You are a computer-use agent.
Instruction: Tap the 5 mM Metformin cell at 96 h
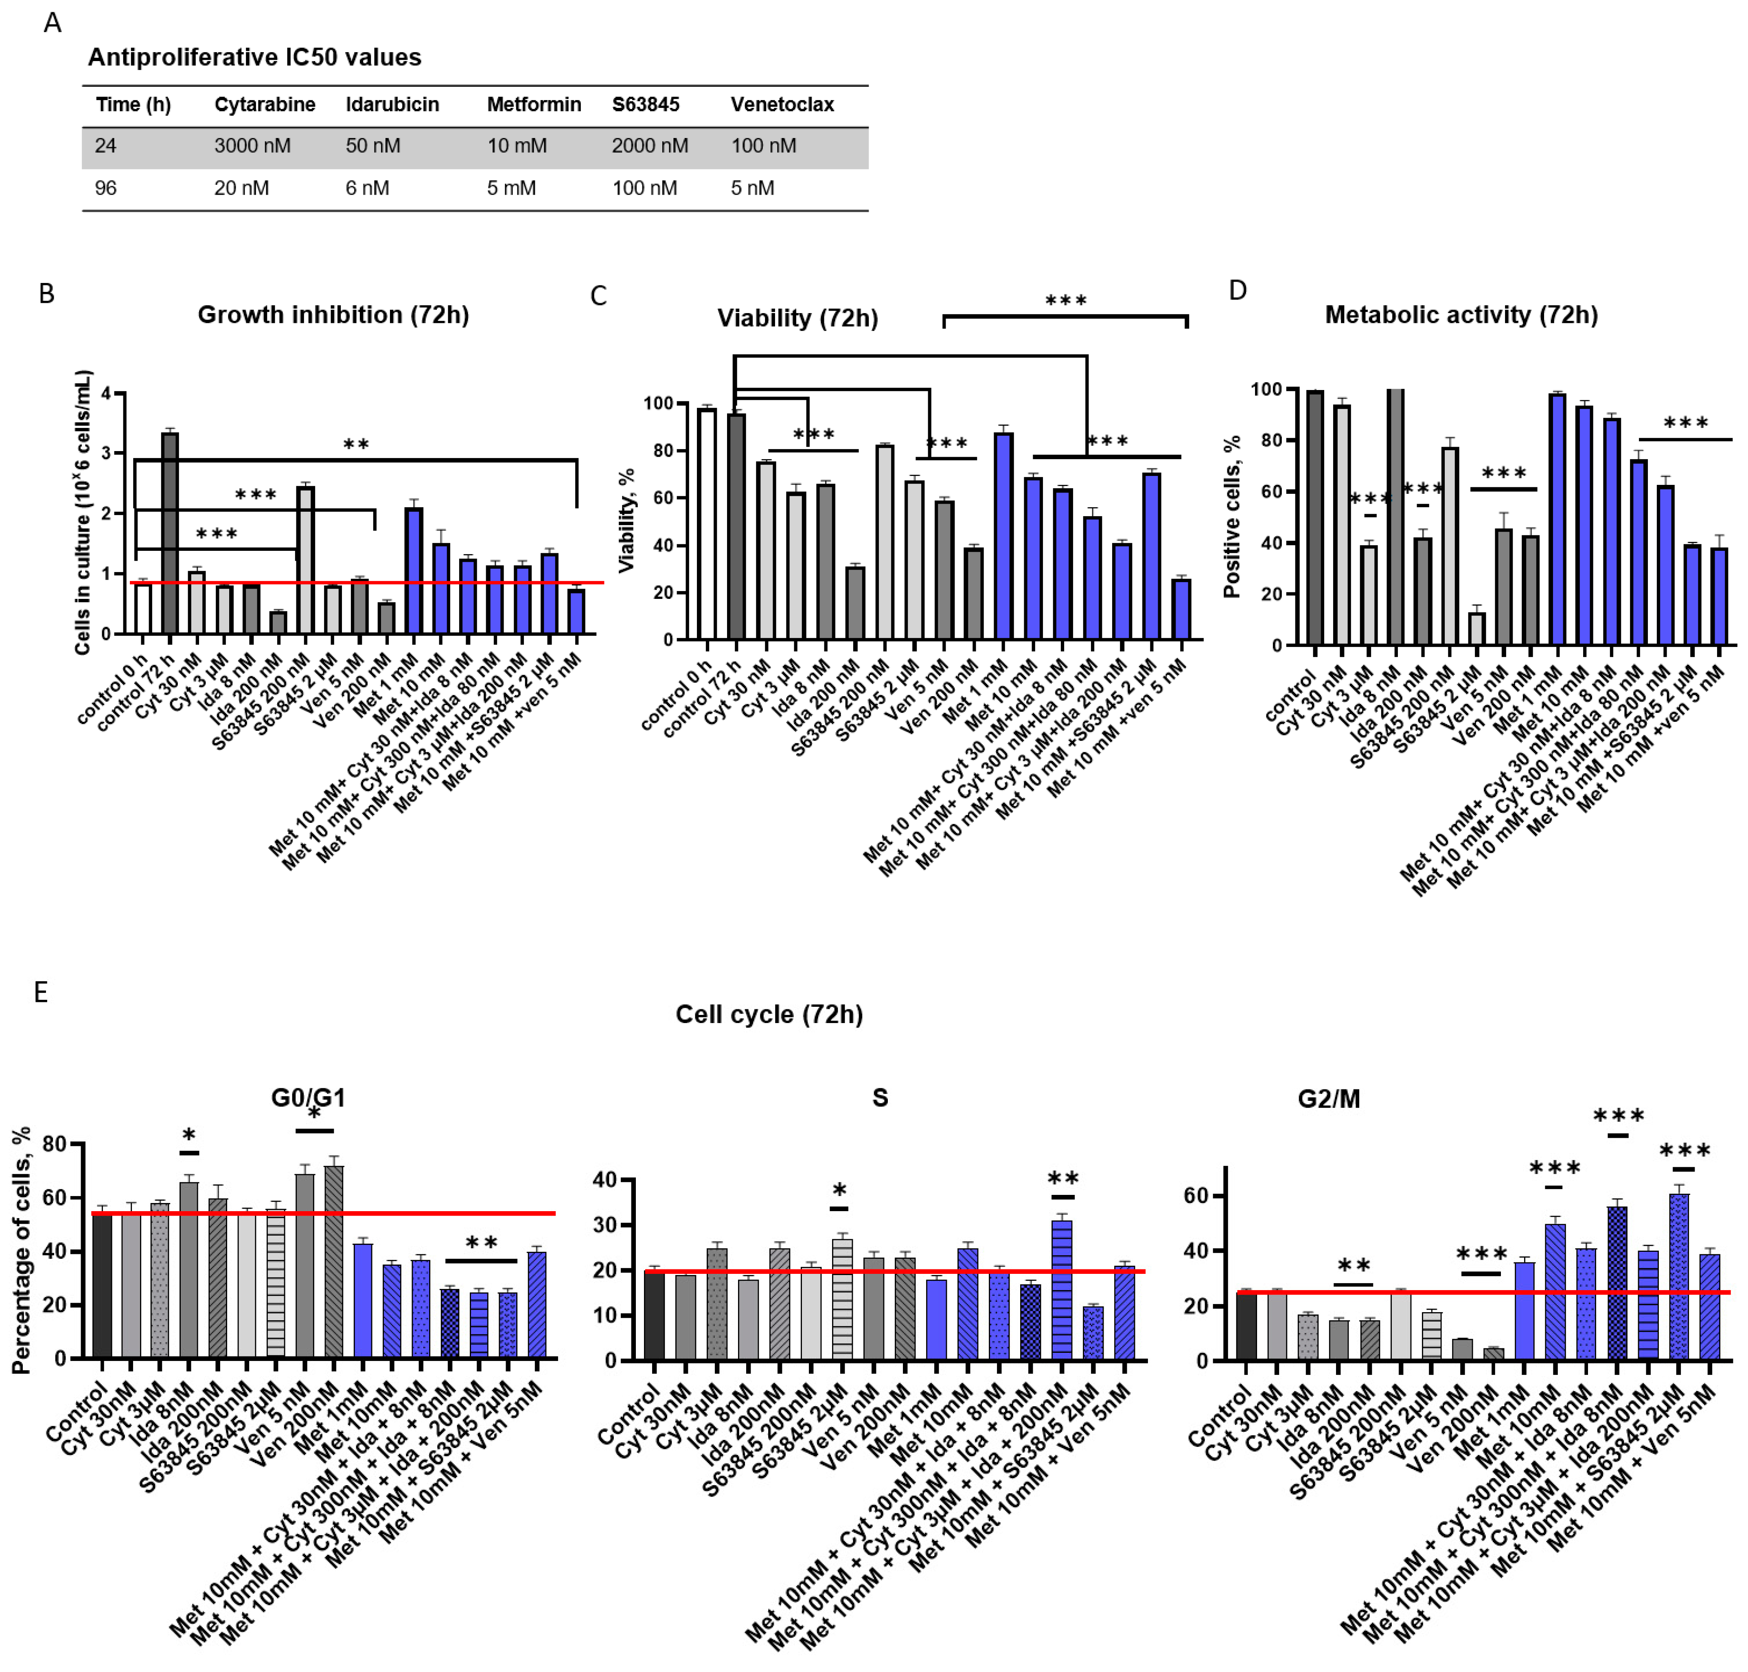pyautogui.click(x=511, y=188)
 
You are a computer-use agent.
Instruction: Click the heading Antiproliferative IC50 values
pyautogui.click(x=254, y=57)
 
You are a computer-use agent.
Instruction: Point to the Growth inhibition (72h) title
pyautogui.click(x=333, y=315)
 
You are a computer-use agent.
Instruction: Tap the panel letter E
pyautogui.click(x=41, y=992)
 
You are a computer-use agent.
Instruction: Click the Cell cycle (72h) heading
pyautogui.click(x=769, y=1014)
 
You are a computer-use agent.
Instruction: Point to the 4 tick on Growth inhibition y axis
pyautogui.click(x=107, y=393)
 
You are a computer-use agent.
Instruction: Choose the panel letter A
pyautogui.click(x=53, y=22)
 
